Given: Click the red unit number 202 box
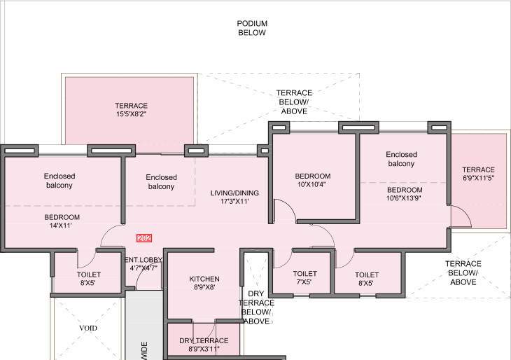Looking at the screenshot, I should pos(145,238).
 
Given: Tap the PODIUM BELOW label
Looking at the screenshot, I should pos(252,28).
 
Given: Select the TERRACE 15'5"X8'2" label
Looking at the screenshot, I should pos(132,111).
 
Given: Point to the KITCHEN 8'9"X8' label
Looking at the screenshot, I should pos(204,283).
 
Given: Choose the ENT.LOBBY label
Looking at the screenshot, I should pos(143,263).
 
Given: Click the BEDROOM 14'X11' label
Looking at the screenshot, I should pos(62,222).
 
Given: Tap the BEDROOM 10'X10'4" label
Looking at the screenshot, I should pos(312,181).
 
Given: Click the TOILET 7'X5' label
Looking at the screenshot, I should pos(305,278).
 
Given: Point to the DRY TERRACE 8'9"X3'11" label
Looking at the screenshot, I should pos(204,345).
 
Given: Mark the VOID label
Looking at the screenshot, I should pos(87,328).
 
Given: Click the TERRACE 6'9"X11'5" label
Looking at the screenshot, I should pos(478,174).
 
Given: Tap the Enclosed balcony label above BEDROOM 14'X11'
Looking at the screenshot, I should pos(59,181).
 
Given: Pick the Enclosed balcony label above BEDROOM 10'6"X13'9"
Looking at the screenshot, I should pos(401,159).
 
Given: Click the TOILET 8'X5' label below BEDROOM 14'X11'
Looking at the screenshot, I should pos(89,279).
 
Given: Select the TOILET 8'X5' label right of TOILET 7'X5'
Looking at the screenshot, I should pos(366,279).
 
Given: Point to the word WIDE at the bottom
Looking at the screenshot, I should pos(145,349).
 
